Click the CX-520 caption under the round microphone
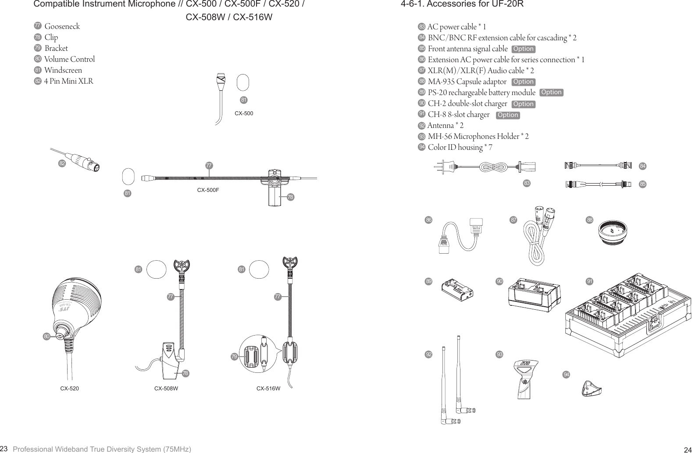(x=69, y=388)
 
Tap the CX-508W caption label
(x=166, y=388)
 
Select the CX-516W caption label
(x=268, y=388)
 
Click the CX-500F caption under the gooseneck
(x=208, y=190)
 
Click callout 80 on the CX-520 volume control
(x=46, y=336)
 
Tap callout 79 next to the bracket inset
(x=235, y=357)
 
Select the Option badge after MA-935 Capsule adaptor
(x=523, y=82)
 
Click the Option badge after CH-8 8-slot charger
(x=508, y=115)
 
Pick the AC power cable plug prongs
(x=439, y=166)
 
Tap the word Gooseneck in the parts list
(x=62, y=26)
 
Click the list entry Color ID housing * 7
(x=460, y=147)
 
